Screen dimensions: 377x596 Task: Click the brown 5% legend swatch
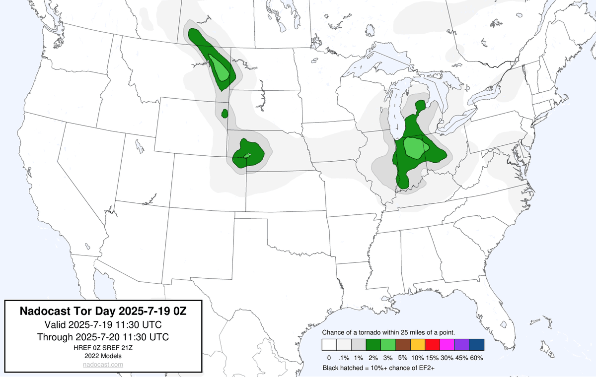click(x=403, y=345)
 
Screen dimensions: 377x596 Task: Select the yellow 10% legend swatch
click(x=418, y=345)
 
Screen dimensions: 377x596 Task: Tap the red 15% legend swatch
click(x=432, y=345)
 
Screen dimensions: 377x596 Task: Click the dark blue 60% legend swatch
click(x=476, y=345)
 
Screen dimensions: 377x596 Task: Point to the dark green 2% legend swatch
click(x=373, y=345)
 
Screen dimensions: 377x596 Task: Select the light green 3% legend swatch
click(x=388, y=345)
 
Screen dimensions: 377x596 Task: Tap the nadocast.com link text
click(x=103, y=364)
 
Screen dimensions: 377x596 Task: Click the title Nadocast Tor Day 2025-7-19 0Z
click(x=103, y=312)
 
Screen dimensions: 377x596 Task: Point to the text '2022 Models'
click(x=103, y=356)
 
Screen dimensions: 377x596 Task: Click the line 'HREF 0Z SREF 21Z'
click(x=103, y=348)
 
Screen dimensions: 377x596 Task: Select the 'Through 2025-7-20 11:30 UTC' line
click(x=103, y=337)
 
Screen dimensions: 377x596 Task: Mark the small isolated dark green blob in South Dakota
click(x=224, y=114)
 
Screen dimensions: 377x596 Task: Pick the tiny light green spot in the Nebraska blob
click(x=247, y=156)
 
